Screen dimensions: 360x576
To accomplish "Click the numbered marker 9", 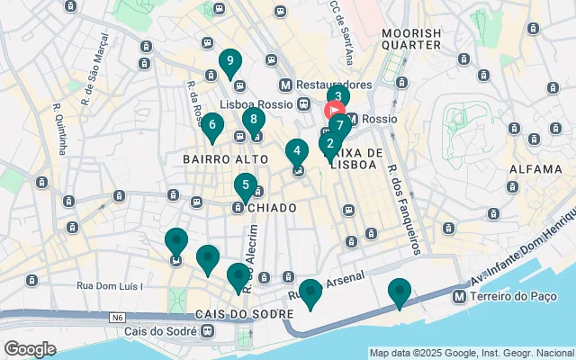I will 231,63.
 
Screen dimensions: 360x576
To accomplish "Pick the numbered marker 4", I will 296,151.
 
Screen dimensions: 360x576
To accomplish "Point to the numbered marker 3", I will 337,97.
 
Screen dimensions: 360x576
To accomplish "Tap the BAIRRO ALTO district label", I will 212,159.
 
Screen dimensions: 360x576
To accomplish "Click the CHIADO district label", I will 271,208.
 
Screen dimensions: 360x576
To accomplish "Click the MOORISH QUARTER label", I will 411,40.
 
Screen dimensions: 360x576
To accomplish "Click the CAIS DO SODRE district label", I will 243,313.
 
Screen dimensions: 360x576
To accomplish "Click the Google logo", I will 30,349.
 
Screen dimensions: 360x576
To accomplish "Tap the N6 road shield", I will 117,317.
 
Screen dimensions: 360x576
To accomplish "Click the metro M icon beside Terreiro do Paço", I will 460,296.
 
